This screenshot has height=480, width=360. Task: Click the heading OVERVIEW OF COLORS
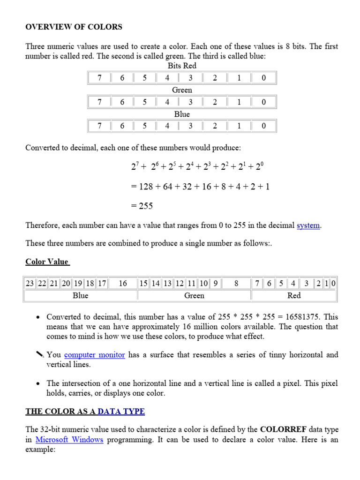(x=74, y=27)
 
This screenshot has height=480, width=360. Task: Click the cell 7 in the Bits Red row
(x=99, y=78)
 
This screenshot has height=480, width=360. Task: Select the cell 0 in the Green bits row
(x=263, y=102)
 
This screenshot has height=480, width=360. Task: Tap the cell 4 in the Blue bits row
(x=167, y=126)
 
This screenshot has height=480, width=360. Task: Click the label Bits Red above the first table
(x=182, y=66)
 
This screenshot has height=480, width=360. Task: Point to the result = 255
(x=142, y=206)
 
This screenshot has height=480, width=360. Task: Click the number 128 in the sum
(x=146, y=187)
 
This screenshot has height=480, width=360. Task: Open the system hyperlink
(x=308, y=225)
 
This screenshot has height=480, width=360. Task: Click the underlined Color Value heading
(x=47, y=262)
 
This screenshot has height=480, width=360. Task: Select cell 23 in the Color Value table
(x=30, y=284)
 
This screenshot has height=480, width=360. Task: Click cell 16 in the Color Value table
(x=123, y=284)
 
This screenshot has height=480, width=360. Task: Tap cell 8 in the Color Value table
(x=236, y=284)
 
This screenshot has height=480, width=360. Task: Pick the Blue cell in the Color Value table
(x=81, y=295)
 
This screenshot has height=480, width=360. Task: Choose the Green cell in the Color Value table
(x=194, y=295)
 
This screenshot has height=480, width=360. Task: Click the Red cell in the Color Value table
(x=294, y=295)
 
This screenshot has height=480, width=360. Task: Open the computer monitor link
(x=94, y=355)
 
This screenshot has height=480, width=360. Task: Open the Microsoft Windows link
(x=69, y=440)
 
